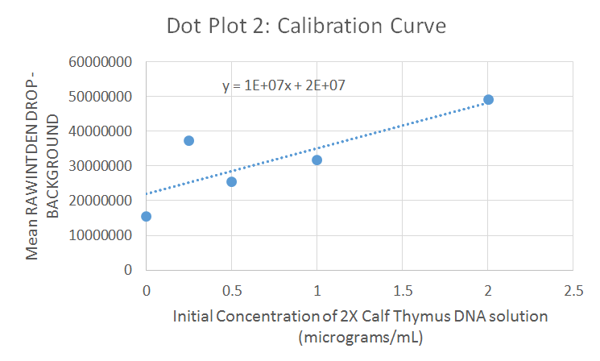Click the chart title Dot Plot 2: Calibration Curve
click(x=306, y=26)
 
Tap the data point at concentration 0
click(x=146, y=216)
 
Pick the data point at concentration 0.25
click(x=188, y=140)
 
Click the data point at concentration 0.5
click(x=231, y=181)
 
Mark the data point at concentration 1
click(x=317, y=160)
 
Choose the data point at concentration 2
click(x=488, y=99)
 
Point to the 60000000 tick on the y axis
click(x=102, y=62)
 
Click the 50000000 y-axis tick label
click(x=102, y=97)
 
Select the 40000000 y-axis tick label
click(x=102, y=131)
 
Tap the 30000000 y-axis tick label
click(x=102, y=166)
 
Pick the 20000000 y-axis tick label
click(x=102, y=201)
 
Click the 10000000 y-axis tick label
click(x=102, y=235)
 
